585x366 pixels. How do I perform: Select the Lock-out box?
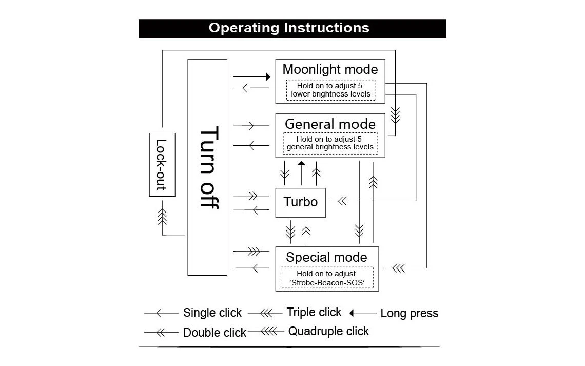click(162, 164)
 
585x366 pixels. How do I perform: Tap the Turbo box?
click(301, 202)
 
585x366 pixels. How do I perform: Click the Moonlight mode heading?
click(330, 69)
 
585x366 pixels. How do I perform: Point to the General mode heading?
click(330, 124)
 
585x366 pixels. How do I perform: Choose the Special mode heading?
click(327, 257)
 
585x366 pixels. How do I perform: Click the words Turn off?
click(208, 167)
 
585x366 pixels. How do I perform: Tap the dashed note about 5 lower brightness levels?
click(330, 90)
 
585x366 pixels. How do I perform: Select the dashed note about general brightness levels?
click(330, 143)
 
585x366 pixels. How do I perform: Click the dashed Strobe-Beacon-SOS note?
click(326, 278)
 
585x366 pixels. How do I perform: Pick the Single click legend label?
click(212, 313)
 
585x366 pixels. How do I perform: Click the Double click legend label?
click(215, 333)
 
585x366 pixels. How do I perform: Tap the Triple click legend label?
click(314, 312)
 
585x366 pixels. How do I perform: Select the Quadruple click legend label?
click(328, 331)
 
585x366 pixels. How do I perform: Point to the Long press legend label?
click(409, 313)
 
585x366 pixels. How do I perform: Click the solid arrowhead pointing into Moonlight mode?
click(267, 76)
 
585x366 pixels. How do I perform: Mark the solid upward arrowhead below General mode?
click(301, 164)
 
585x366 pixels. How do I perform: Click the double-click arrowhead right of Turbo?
click(341, 201)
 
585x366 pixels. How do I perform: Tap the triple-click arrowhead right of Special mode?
click(398, 268)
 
